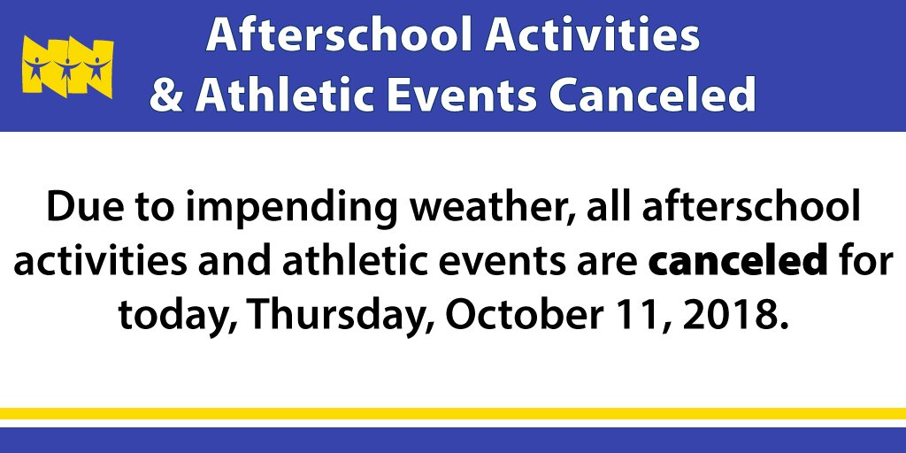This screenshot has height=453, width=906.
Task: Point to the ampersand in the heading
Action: coord(165,95)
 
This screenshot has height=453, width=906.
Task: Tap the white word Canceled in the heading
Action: coord(651,94)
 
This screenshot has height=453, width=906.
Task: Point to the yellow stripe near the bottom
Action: coord(453,413)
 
